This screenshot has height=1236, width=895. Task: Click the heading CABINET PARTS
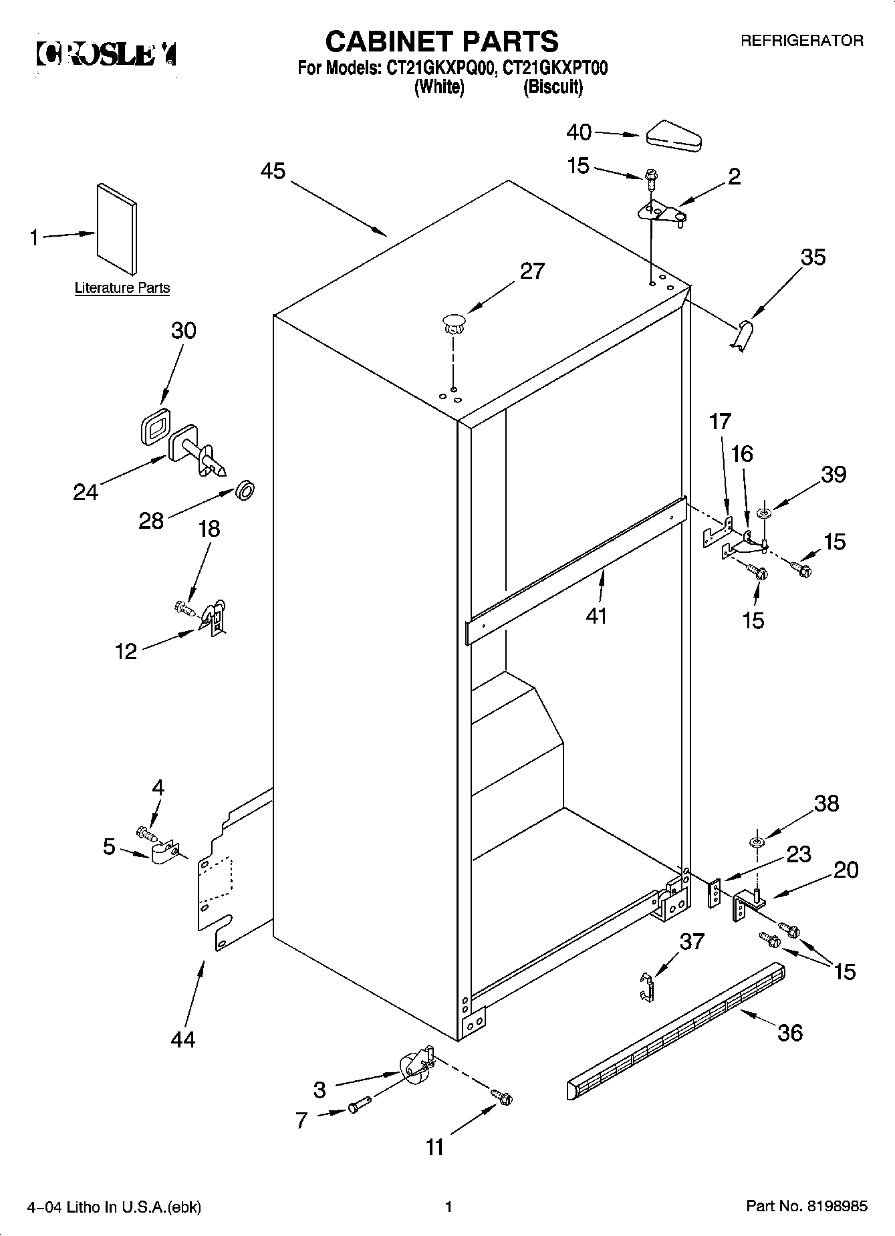[x=441, y=41]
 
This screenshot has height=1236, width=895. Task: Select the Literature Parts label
[x=122, y=288]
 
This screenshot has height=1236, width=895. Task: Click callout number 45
[x=273, y=171]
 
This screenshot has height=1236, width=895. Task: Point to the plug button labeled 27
[x=453, y=323]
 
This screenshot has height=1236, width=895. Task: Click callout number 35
[x=813, y=257]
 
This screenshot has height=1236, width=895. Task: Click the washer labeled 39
[x=763, y=513]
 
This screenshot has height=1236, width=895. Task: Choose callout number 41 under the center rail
[x=596, y=614]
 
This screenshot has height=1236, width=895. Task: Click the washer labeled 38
[x=755, y=841]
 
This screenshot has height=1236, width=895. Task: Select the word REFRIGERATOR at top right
[x=801, y=41]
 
